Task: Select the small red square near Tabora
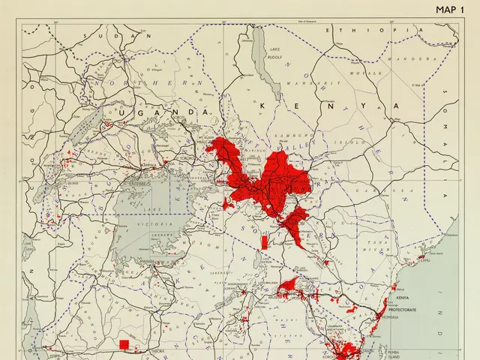pyautogui.click(x=124, y=344)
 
